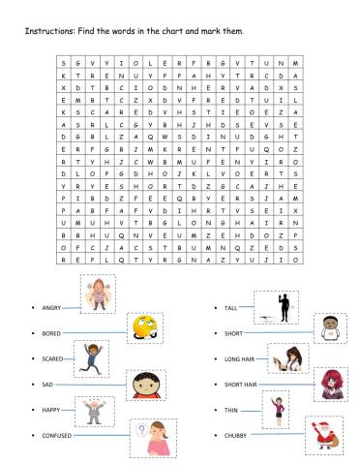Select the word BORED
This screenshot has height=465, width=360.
coord(51,333)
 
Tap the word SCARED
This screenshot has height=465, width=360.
coord(52,359)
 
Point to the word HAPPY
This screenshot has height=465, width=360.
coord(51,411)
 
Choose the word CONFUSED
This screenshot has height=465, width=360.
coord(57,437)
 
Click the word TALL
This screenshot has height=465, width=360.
coord(230,307)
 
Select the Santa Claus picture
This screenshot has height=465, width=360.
coord(323,436)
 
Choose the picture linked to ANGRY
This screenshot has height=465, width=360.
coord(98,294)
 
